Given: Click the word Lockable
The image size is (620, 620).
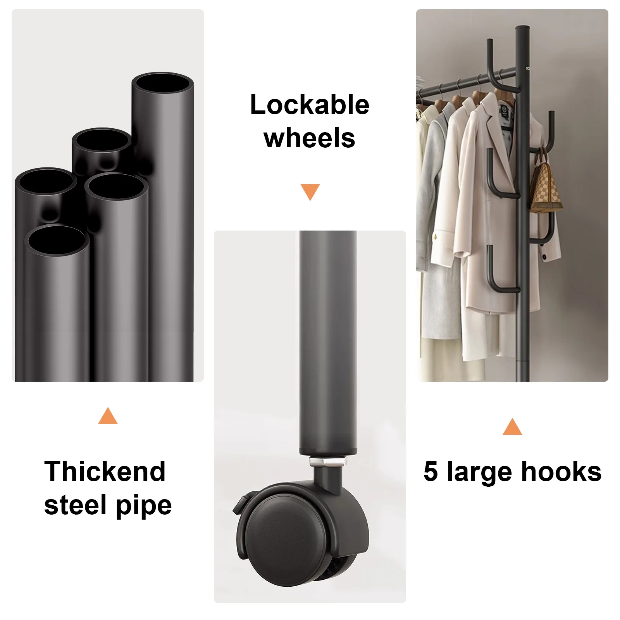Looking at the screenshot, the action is point(310,105).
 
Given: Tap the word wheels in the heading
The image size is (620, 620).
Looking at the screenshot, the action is point(309,138).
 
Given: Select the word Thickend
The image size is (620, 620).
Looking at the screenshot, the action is point(105,471).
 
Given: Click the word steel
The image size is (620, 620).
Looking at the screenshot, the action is point(76,505).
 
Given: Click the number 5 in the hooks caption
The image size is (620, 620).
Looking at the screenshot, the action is point(431,472).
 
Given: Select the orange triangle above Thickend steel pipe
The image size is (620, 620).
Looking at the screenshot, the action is point(108,416).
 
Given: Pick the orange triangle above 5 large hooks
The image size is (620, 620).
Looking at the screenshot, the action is point(512,427).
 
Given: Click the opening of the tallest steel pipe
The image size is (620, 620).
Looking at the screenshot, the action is point(162,83).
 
